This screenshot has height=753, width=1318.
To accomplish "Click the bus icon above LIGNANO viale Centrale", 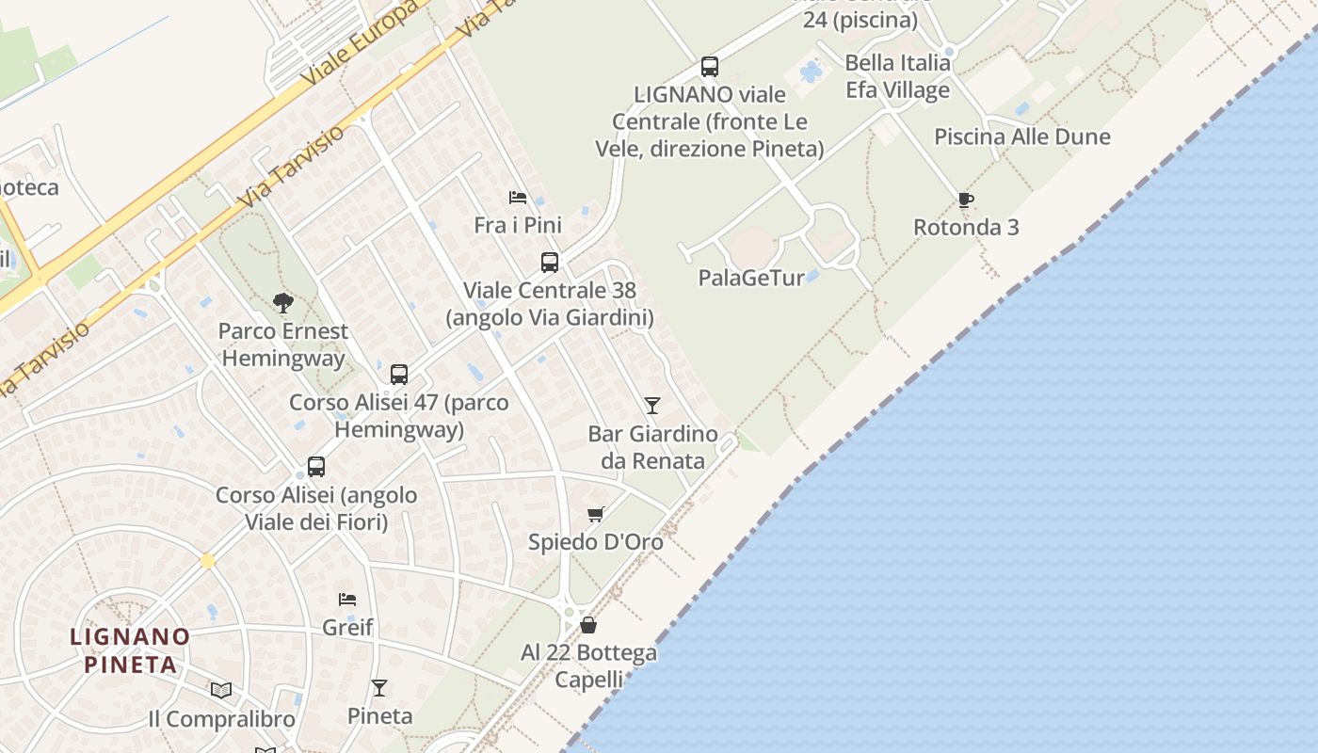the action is (x=710, y=67).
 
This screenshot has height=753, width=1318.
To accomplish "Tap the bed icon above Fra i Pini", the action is (x=517, y=198).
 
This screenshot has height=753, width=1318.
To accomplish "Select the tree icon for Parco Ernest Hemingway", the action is (x=282, y=302).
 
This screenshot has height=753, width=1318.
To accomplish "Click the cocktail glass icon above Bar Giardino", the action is (x=651, y=406).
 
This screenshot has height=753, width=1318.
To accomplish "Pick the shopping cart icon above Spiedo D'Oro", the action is (x=595, y=514).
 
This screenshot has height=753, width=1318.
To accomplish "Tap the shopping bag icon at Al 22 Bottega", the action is (x=588, y=624).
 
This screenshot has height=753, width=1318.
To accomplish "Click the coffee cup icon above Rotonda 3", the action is (x=965, y=200).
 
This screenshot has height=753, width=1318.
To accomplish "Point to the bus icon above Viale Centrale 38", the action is (x=550, y=262).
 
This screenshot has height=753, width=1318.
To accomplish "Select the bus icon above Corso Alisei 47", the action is (x=399, y=374).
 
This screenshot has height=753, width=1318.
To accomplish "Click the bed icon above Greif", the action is (x=347, y=599).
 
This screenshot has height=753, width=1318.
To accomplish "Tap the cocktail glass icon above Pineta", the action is (x=378, y=688).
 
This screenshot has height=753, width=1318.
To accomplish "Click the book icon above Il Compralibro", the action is (x=221, y=691).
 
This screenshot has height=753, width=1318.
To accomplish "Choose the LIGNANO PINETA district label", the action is (x=130, y=650).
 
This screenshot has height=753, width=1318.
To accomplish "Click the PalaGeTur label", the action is (x=751, y=278).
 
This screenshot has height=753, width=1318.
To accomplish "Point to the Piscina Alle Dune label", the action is (x=1021, y=136).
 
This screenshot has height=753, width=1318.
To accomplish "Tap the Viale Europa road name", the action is (x=361, y=44).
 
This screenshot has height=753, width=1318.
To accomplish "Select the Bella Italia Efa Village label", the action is (x=897, y=76).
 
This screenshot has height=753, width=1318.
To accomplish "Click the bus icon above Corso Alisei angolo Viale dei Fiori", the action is (x=316, y=466).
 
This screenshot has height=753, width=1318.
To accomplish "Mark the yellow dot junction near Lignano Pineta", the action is (x=207, y=561).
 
